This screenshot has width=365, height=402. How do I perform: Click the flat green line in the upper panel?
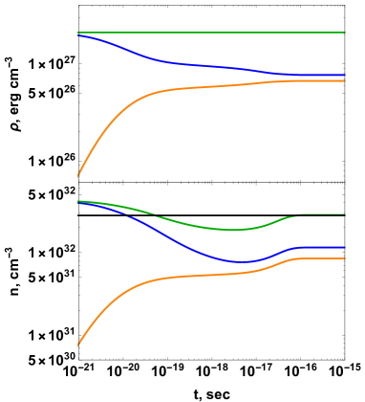pos(210,33)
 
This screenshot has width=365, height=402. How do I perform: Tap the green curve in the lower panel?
pos(191,224)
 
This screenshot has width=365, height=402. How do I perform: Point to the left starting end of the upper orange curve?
pos(77,176)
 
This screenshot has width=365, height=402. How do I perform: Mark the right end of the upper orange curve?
pos(345,80)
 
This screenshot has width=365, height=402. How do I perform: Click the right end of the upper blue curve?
pos(345,75)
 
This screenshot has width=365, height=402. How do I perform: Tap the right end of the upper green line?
pos(345,33)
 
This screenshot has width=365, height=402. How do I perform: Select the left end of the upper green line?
pos(77,33)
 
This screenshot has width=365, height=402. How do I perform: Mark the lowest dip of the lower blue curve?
pos(240,261)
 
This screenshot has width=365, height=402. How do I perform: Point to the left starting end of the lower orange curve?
pos(77,345)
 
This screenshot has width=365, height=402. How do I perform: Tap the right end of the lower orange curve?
pos(345,258)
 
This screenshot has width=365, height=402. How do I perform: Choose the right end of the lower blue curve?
pos(345,247)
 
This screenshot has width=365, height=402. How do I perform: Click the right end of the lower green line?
pos(345,213)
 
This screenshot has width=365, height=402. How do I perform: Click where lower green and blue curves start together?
pos(78,201)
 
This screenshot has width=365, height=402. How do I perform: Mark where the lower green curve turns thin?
pos(298,214)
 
